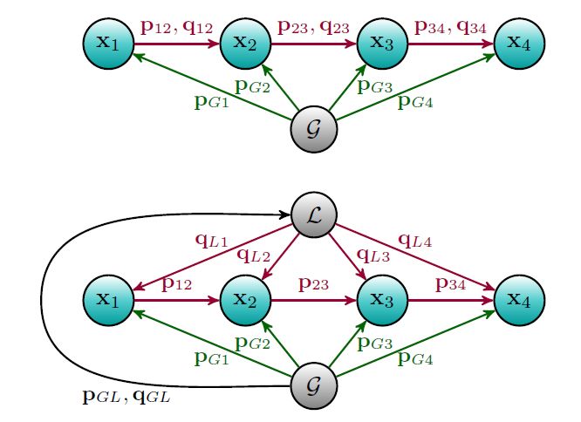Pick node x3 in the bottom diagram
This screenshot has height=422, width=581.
coord(382,299)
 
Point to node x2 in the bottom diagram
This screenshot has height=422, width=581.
coord(244,299)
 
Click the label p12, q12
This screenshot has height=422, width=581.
coord(175,27)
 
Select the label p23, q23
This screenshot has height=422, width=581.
coord(313,27)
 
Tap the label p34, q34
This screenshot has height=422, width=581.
coord(450,27)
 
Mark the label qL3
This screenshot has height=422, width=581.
coord(373,255)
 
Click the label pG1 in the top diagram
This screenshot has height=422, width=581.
coord(211,103)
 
